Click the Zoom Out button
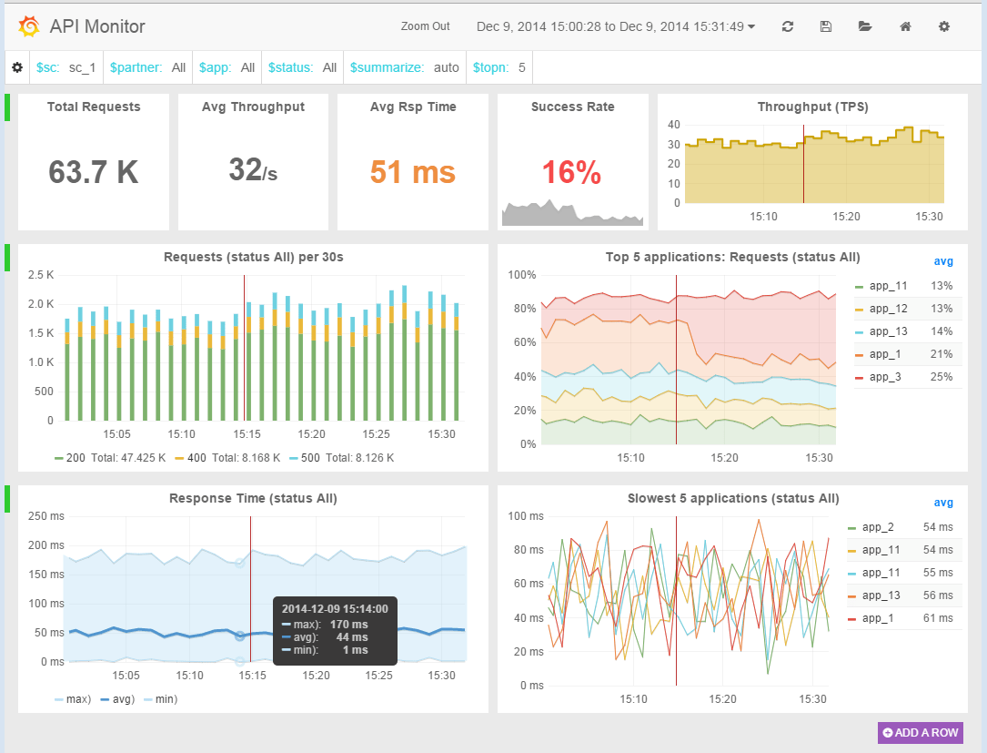425,26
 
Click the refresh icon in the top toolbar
788,26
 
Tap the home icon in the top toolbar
905,26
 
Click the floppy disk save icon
826,26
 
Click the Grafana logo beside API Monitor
28,27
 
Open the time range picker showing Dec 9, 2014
616,26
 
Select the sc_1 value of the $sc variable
82,67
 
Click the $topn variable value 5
521,67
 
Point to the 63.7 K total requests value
94,171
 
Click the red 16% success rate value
571,172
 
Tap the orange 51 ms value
413,171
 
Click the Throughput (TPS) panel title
812,107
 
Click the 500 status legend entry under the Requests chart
306,458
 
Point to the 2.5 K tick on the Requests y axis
41,275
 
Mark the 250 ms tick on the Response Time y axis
43,517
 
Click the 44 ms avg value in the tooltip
352,637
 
